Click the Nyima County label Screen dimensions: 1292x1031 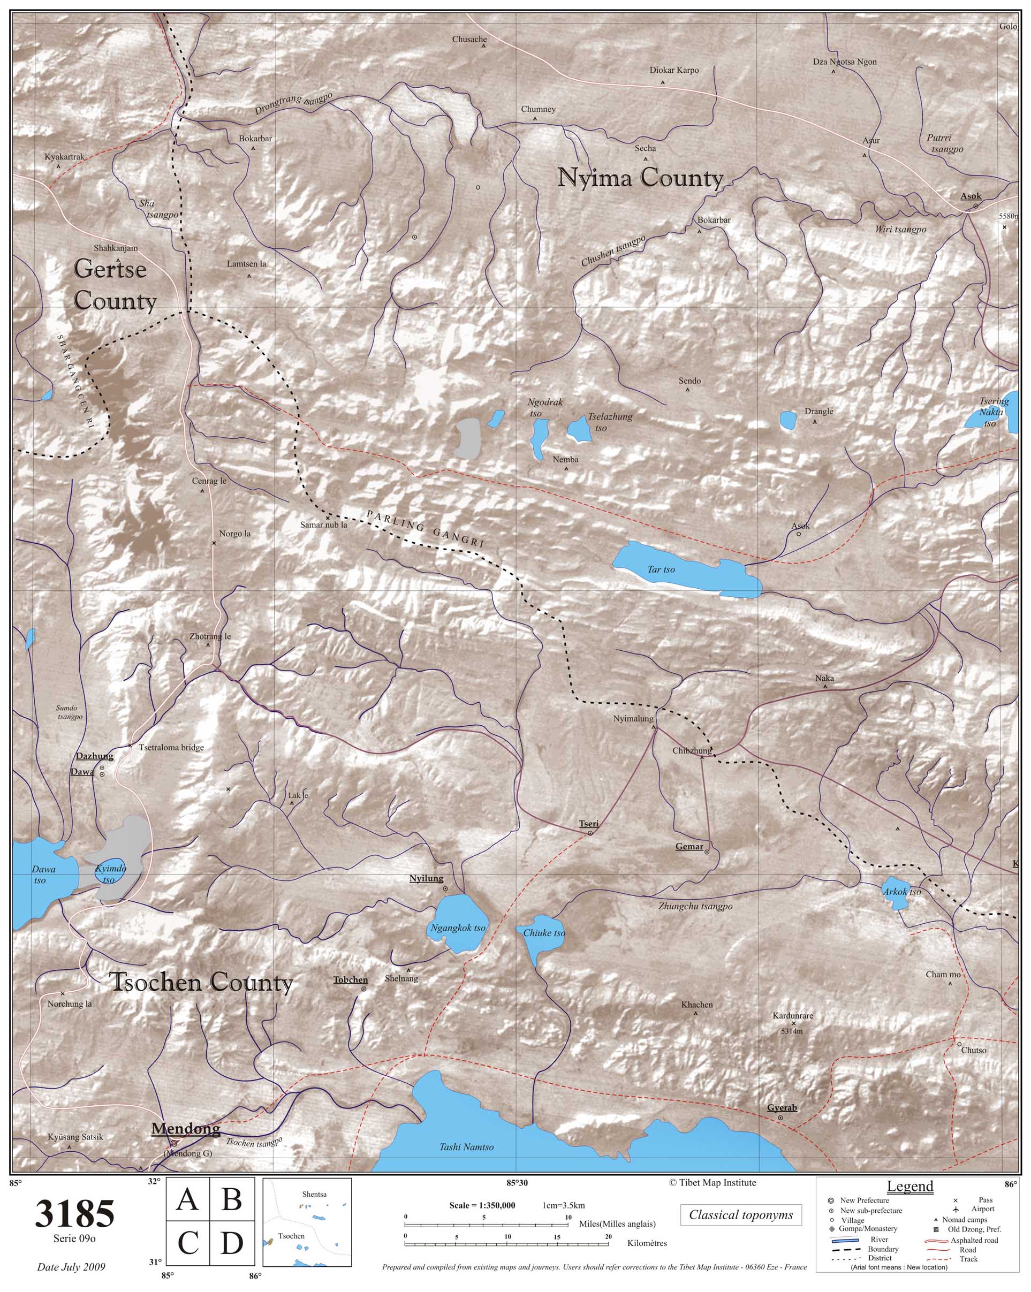[640, 179]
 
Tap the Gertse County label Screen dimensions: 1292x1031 [114, 285]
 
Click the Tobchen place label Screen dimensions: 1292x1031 [351, 981]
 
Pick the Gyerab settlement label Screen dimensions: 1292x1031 [782, 1108]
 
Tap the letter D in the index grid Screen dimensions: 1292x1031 [231, 1244]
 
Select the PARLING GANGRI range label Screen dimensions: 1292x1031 [425, 529]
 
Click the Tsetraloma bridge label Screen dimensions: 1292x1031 [171, 747]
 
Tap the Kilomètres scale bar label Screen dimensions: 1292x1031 [647, 1243]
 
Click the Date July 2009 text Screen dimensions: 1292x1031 [71, 1267]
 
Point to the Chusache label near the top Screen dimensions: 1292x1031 [469, 40]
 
